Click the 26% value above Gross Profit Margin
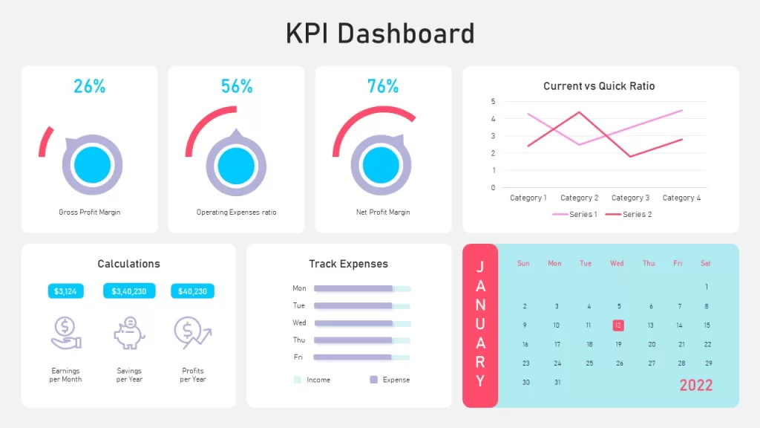pyautogui.click(x=90, y=86)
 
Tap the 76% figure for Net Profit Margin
pyautogui.click(x=383, y=86)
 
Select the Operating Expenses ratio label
pyautogui.click(x=236, y=212)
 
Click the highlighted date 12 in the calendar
pyautogui.click(x=618, y=325)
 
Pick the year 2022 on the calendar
pyautogui.click(x=696, y=386)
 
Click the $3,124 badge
pyautogui.click(x=65, y=291)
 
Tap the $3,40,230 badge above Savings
pyautogui.click(x=129, y=291)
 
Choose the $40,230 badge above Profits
pyautogui.click(x=192, y=291)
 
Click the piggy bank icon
pyautogui.click(x=129, y=333)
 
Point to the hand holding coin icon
pyautogui.click(x=66, y=333)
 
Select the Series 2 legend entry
pyautogui.click(x=629, y=214)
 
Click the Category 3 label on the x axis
pyautogui.click(x=630, y=198)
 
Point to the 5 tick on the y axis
pyautogui.click(x=493, y=101)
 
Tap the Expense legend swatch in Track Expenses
pyautogui.click(x=374, y=380)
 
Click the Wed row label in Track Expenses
pyautogui.click(x=299, y=322)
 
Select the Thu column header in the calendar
pyautogui.click(x=649, y=263)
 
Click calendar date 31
pyautogui.click(x=557, y=383)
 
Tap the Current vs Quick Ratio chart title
pyautogui.click(x=599, y=86)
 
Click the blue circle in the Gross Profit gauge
pyautogui.click(x=92, y=165)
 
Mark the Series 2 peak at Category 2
pyautogui.click(x=579, y=113)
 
